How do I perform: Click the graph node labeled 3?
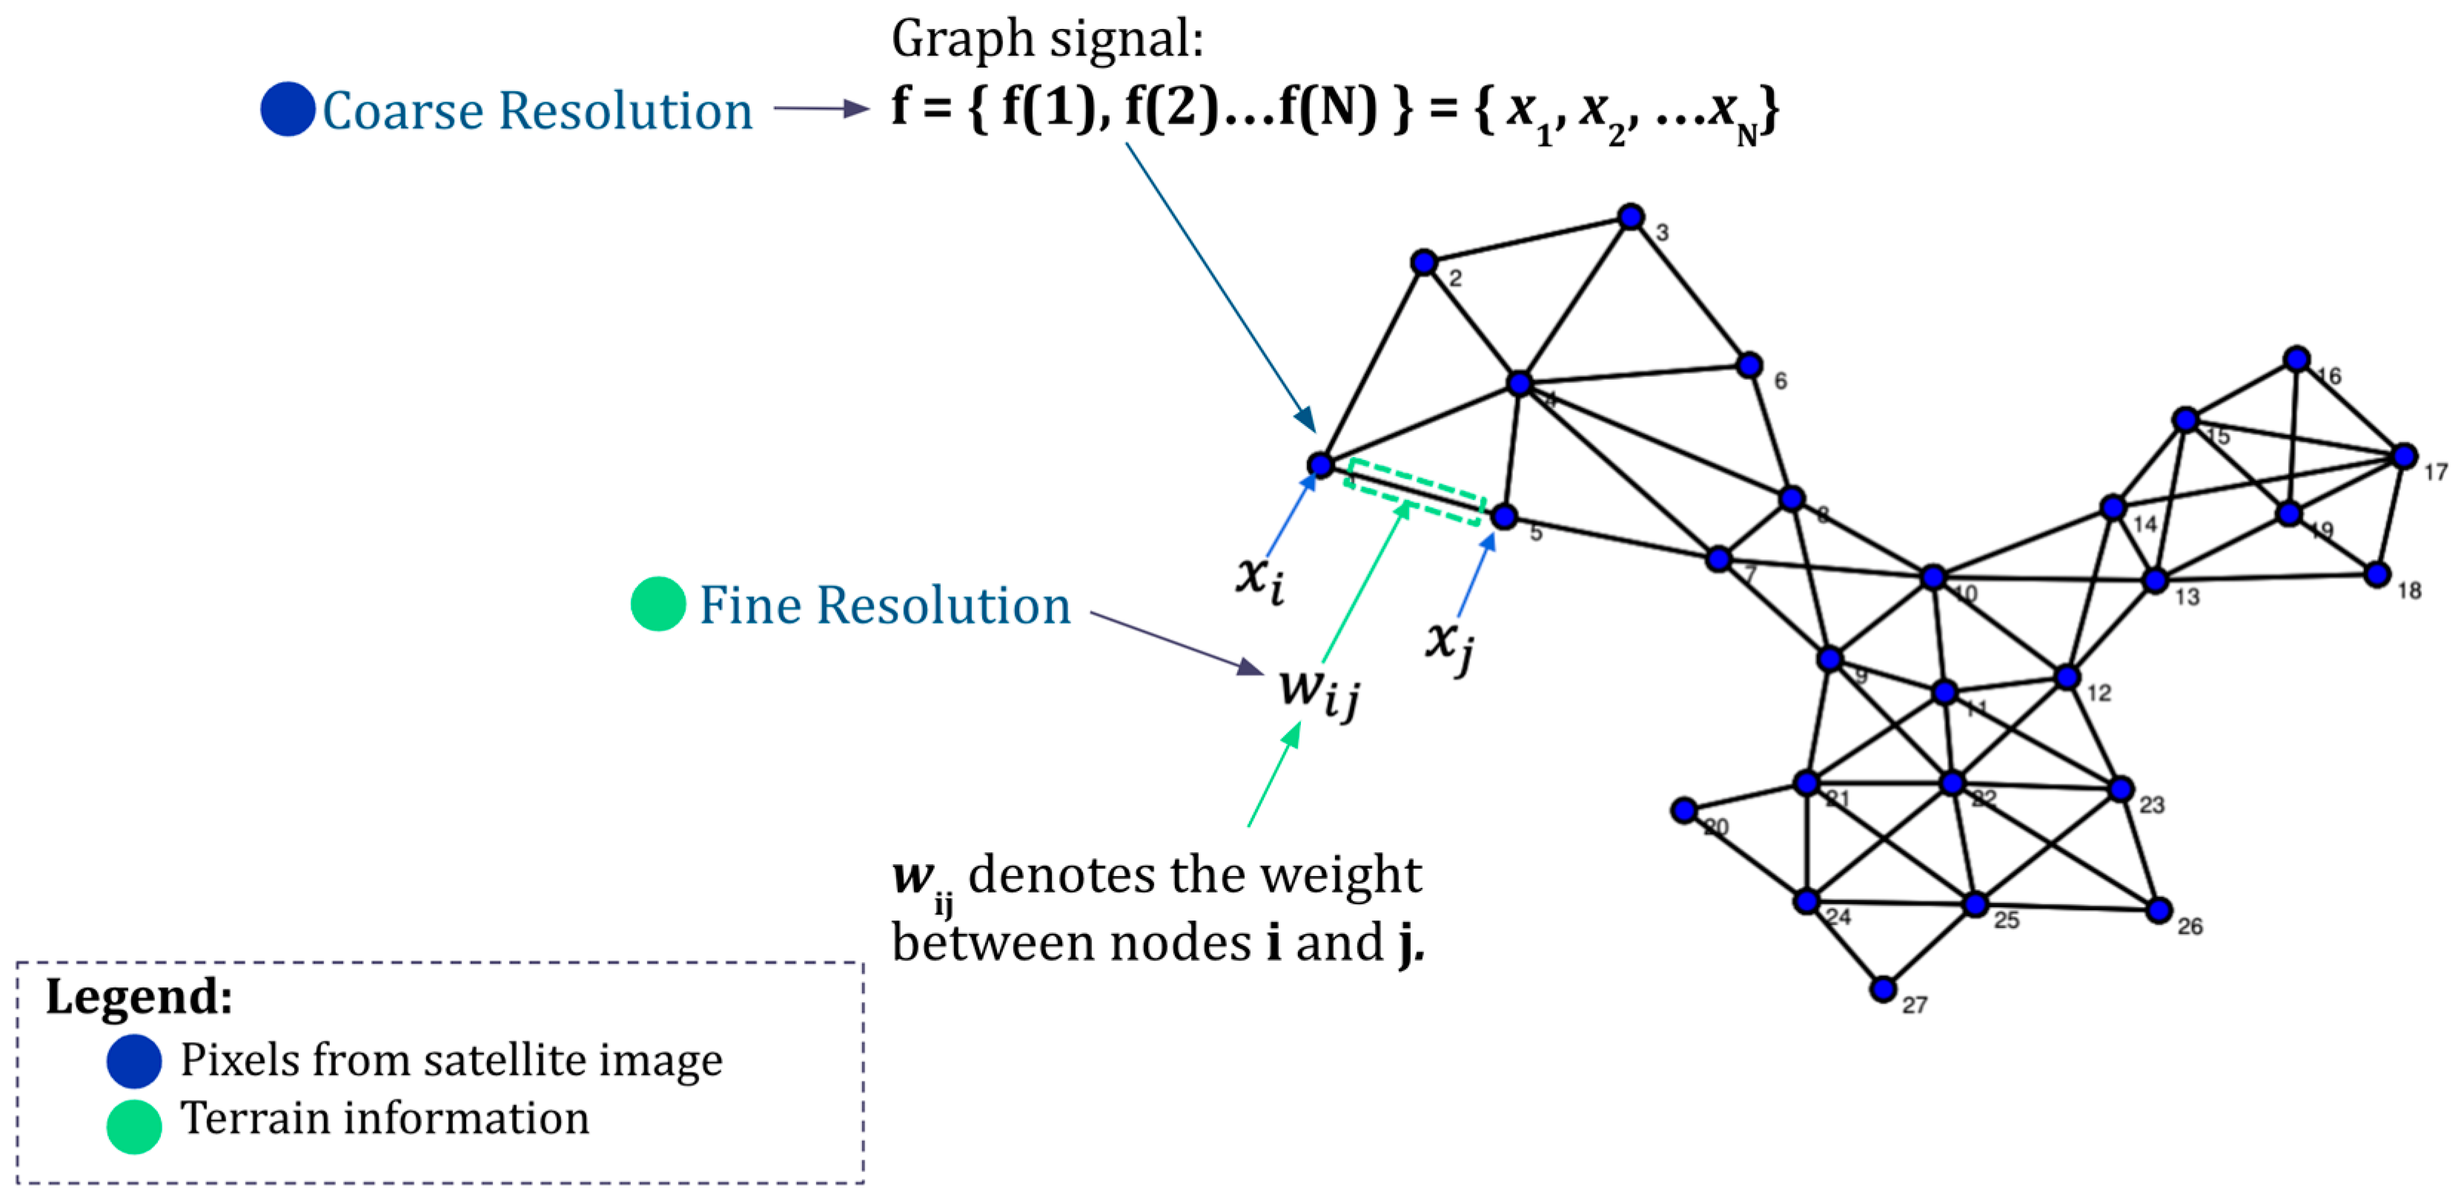point(1631,217)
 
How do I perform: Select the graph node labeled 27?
point(1882,989)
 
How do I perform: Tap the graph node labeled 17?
point(2404,456)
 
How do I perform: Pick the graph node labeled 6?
point(1749,365)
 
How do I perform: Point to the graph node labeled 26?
point(2158,910)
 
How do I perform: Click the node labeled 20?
point(1683,811)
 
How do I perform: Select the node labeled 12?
point(2067,677)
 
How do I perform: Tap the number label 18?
point(2408,591)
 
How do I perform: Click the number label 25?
point(2006,921)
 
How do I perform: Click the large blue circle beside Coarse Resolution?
point(287,109)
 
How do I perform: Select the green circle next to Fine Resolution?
point(658,604)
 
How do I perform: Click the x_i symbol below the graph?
point(1259,577)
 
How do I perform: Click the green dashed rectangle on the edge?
point(1414,492)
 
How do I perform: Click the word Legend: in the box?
point(139,996)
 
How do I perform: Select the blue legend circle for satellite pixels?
point(134,1060)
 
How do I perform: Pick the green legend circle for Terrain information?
point(134,1126)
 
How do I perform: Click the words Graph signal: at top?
point(1047,40)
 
